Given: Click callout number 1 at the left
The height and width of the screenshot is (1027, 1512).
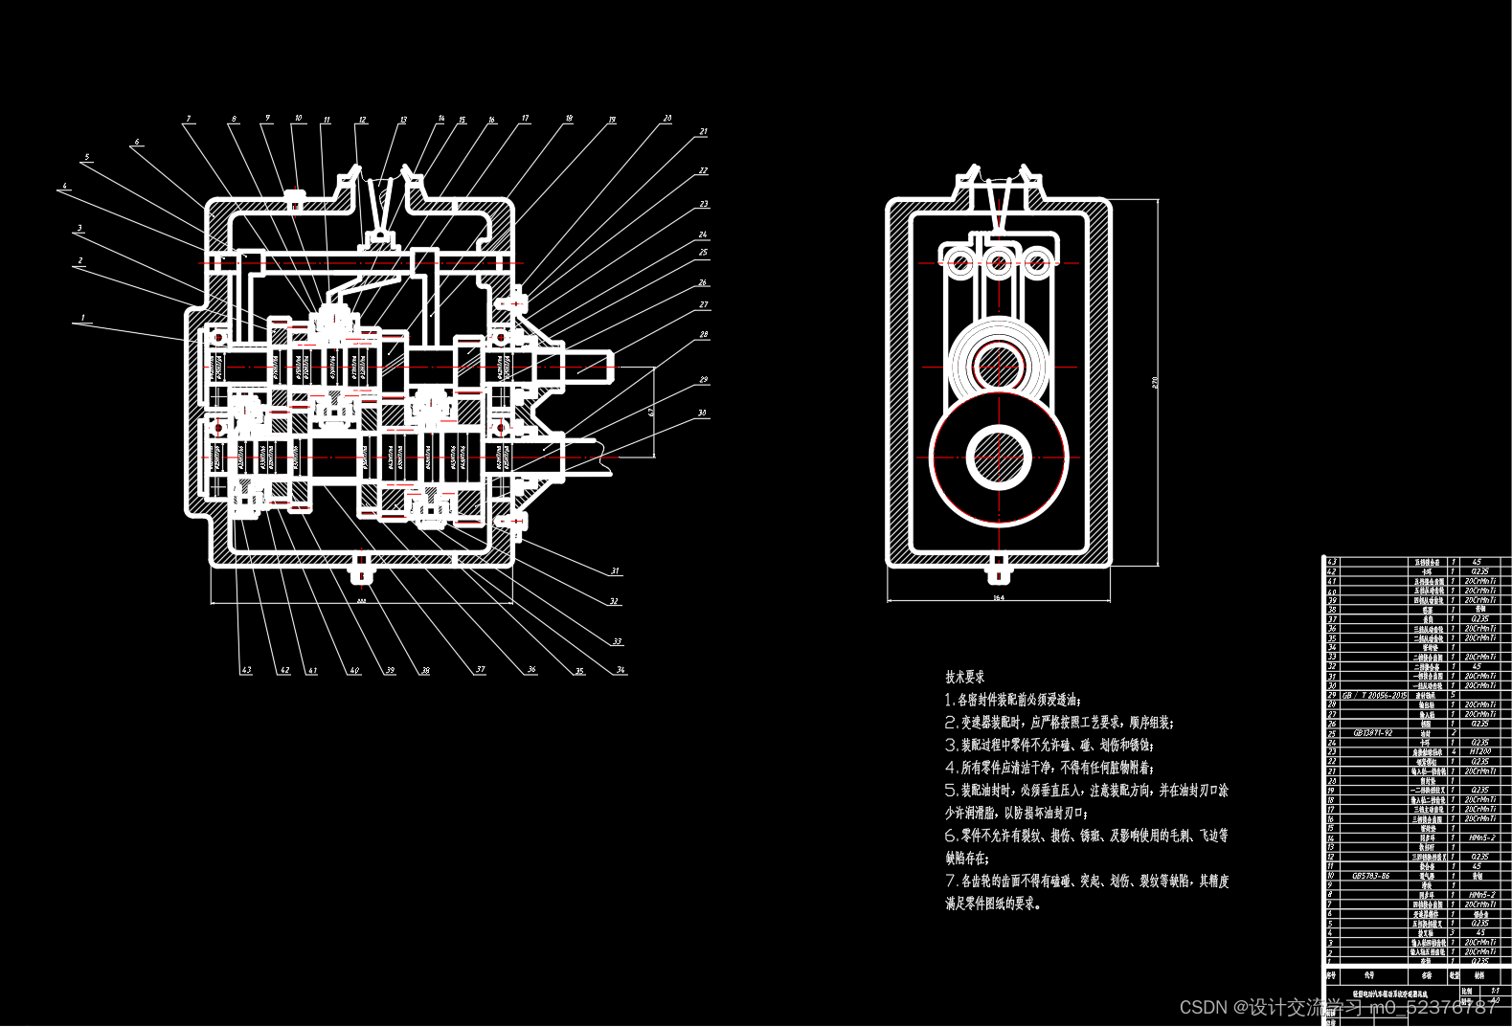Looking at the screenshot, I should (83, 318).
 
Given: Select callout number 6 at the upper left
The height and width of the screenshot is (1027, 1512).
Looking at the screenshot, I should (137, 142).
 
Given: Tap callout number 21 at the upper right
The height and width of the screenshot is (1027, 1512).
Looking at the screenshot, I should (704, 132).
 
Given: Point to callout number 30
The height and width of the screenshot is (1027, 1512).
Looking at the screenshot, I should (702, 413).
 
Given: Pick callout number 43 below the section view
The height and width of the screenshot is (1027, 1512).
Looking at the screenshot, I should (246, 670).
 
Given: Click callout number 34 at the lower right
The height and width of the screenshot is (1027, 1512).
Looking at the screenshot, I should (621, 670).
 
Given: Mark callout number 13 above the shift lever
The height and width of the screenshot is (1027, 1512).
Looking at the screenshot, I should (403, 121).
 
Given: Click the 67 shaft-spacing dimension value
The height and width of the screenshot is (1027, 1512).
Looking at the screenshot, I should (651, 412).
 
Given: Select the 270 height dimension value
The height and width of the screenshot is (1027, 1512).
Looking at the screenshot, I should (1155, 383).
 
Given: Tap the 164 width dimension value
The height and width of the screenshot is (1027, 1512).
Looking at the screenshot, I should (998, 598).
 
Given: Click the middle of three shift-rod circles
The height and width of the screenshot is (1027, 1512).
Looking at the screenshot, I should (998, 260).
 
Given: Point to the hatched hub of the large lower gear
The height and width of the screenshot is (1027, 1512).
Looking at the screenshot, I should (998, 457).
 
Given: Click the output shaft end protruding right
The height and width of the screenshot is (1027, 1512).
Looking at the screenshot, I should (594, 367).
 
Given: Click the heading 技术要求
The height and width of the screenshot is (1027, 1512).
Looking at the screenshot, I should (964, 677).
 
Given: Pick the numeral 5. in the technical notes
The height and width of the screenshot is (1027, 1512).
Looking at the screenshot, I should (951, 791).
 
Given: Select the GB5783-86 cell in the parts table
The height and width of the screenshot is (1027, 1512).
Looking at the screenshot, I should (1370, 876).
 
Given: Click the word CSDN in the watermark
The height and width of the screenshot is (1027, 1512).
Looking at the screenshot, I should (1203, 1007).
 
